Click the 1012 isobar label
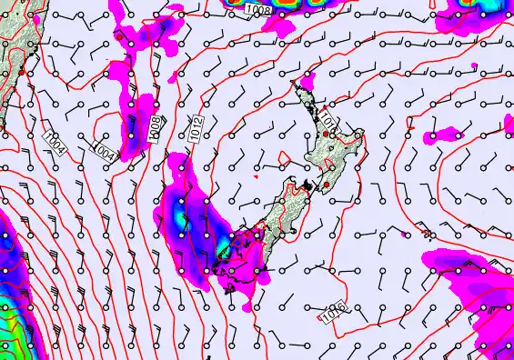197,128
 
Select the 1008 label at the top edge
257,9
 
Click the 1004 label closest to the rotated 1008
105,149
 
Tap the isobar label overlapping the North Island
328,122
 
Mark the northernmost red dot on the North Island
325,134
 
